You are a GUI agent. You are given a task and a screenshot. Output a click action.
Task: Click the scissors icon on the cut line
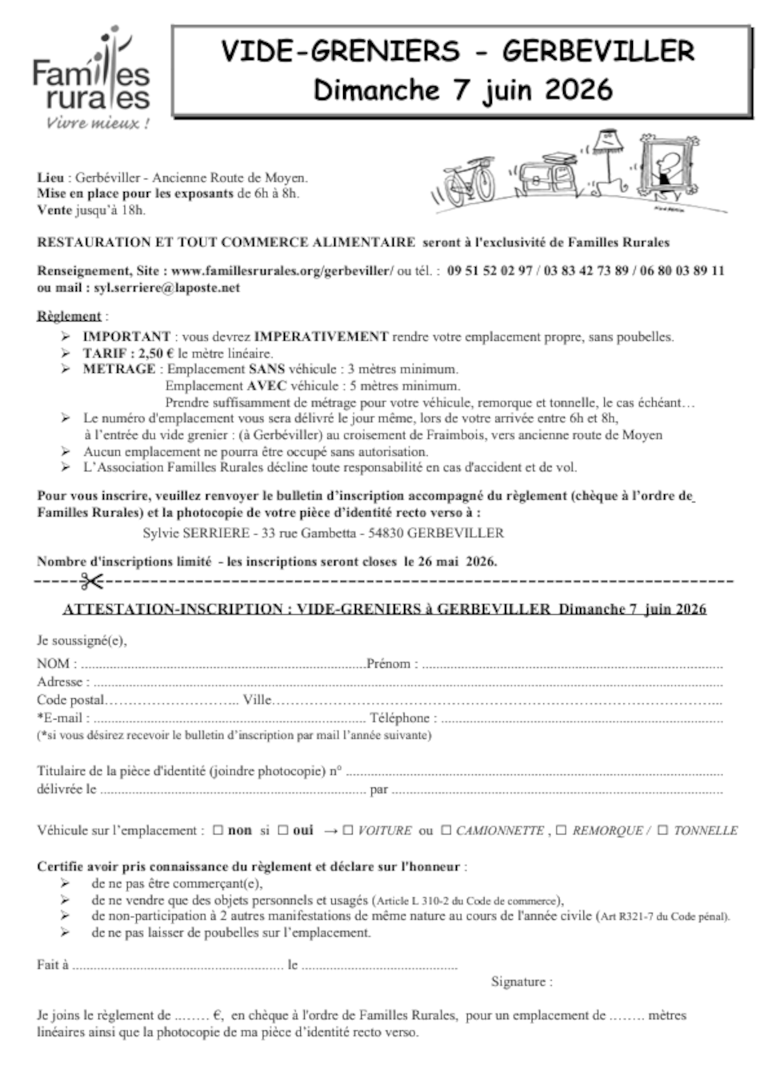pos(91,581)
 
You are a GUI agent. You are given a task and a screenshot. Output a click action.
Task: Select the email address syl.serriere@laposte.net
pos(166,288)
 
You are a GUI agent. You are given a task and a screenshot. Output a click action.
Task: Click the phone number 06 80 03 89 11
pos(684,270)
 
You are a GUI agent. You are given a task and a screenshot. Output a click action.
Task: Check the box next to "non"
pos(218,831)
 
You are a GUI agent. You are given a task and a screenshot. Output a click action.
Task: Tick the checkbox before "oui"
pos(282,831)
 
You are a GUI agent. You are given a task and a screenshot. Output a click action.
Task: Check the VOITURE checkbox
pos(348,831)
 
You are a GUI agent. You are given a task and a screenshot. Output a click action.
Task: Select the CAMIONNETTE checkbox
pos(446,831)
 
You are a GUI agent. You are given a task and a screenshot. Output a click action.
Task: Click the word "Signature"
pos(518,981)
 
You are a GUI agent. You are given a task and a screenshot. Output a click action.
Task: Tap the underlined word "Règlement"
pos(69,316)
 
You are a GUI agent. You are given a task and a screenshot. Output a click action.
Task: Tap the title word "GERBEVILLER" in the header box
pos(598,52)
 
